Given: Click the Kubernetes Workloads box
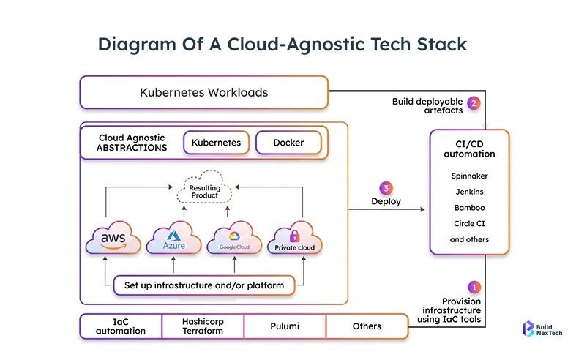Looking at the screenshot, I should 203,93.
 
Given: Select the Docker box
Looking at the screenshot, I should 288,143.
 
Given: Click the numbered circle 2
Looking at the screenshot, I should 474,103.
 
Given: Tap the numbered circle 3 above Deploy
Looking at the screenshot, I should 386,187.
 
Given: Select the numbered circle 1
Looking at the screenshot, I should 474,288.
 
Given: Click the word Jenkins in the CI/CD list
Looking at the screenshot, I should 469,192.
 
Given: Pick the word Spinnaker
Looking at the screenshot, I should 469,176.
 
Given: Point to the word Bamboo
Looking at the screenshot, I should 469,207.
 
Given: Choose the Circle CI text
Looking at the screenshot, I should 469,223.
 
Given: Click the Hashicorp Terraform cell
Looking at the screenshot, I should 202,326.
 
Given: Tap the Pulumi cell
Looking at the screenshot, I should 284,326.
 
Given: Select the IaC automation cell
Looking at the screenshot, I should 121,326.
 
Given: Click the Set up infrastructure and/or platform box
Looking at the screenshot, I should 204,285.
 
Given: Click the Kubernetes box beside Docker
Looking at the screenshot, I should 216,143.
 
